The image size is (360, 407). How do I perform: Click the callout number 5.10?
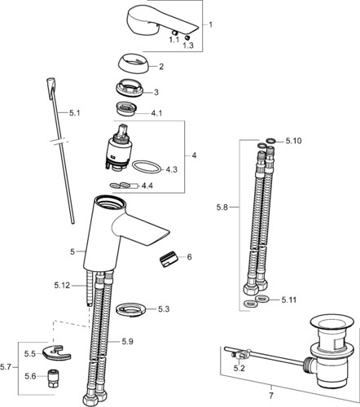pos(293,141)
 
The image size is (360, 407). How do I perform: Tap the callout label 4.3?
pos(171,169)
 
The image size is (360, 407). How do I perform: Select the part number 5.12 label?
pos(62,285)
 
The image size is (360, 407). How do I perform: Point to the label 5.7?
pos(6,367)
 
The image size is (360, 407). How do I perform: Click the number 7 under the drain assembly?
pos(271,396)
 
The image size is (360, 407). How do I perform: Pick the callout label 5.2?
pos(239,368)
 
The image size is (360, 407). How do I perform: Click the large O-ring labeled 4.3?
pos(147,167)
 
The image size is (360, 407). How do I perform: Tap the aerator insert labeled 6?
pos(167,259)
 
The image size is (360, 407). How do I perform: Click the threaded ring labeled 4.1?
pos(125,108)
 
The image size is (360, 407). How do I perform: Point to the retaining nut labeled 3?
pos(129,87)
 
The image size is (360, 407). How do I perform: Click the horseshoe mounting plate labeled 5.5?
pos(56,352)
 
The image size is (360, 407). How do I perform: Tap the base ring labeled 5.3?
pos(131,309)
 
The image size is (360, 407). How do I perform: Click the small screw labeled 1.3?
pos(187,37)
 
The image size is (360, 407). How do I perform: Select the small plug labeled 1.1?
pos(174,33)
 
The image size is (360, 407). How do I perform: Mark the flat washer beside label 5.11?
pos(262,299)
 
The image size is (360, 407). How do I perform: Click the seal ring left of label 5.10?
pos(261,146)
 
